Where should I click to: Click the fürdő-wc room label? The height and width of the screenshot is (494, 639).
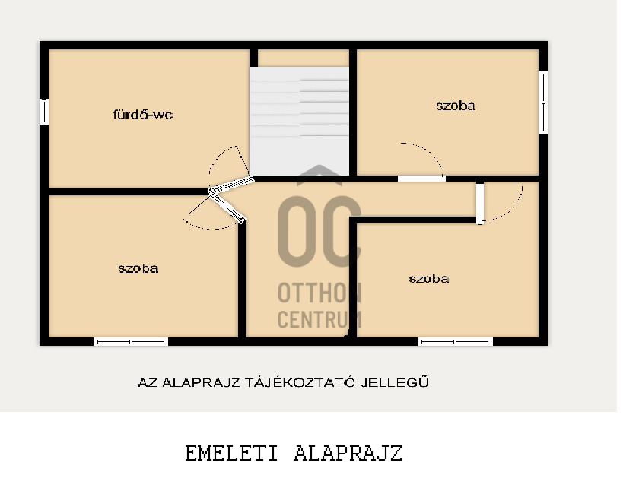(x=143, y=115)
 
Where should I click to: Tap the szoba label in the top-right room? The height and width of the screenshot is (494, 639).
(x=456, y=106)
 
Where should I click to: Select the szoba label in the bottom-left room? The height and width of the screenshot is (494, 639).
(x=138, y=268)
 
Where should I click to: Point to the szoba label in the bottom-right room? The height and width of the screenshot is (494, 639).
(x=429, y=279)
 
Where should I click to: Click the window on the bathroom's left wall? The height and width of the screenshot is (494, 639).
(x=44, y=112)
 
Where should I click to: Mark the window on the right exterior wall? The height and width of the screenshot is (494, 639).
(x=543, y=102)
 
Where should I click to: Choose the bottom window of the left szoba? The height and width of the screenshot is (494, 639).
(x=131, y=342)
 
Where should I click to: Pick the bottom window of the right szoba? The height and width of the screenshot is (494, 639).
(x=455, y=342)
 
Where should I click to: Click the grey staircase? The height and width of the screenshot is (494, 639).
(x=300, y=121)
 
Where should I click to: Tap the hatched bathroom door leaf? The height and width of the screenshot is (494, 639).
(x=231, y=185)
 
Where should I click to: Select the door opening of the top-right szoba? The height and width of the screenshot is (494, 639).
(x=421, y=179)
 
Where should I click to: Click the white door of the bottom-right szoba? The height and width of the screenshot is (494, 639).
(x=480, y=203)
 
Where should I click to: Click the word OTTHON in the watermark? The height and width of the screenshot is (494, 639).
(x=319, y=293)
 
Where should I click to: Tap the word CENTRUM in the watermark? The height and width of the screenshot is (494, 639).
(x=319, y=319)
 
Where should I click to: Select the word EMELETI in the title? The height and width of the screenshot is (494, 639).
(x=231, y=453)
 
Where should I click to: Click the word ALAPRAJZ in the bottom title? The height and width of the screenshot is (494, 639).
(x=348, y=453)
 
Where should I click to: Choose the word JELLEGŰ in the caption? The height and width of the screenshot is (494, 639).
(x=395, y=383)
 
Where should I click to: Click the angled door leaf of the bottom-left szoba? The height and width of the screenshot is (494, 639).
(x=227, y=207)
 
